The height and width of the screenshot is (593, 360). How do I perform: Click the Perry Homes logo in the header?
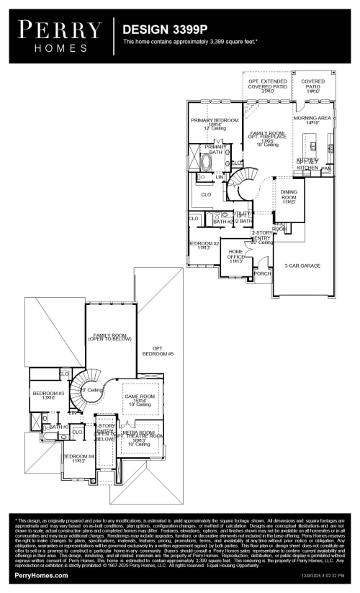point(60,36)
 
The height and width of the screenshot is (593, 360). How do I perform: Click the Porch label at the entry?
point(263,273)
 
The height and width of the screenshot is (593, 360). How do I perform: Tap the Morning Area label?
point(312,119)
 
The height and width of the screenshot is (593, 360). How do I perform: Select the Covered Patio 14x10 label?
point(312,85)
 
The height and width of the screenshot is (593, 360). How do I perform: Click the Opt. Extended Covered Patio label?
point(268,85)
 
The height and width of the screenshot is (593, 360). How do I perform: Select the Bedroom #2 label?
point(204,245)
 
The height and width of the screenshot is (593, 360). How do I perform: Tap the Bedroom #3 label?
point(48,394)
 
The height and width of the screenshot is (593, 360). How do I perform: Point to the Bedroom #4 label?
point(78,458)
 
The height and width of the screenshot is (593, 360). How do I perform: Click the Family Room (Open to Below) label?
point(109,336)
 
